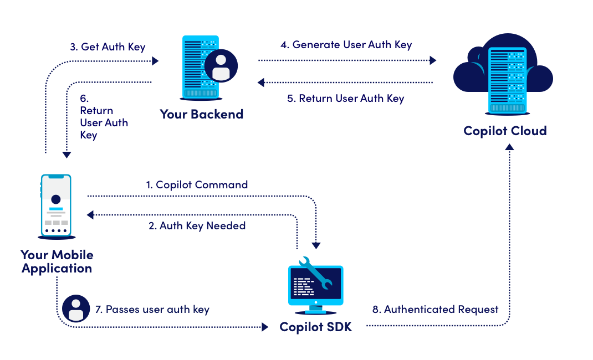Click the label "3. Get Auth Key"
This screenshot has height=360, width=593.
point(108,47)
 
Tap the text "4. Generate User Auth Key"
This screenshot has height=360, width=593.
point(346,45)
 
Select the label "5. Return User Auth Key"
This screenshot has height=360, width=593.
point(345,99)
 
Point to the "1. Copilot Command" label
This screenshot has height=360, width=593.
point(196,184)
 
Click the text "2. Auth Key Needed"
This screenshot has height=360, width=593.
point(197,226)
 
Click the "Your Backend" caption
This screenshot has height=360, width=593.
point(202,115)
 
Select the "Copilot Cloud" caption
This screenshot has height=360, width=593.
point(505,131)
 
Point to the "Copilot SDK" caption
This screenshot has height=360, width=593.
point(315,327)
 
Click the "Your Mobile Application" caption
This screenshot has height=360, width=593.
point(57,261)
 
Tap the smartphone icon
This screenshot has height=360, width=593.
point(56,205)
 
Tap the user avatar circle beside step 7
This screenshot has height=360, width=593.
point(76,309)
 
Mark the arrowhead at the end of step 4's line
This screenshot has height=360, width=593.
point(433,61)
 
